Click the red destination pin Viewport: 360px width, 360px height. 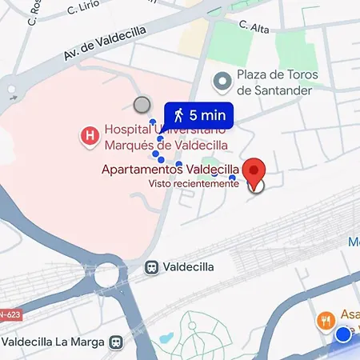(x=254, y=171)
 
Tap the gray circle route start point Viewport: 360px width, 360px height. (x=142, y=104)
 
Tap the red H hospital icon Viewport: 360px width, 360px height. (x=90, y=136)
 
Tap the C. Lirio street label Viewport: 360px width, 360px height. (x=83, y=8)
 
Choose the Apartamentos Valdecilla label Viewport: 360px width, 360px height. (x=170, y=170)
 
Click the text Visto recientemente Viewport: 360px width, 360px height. (x=194, y=183)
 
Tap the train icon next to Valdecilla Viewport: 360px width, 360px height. (x=150, y=267)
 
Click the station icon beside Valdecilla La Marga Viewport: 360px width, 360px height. (x=118, y=342)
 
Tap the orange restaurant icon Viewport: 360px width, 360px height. (x=325, y=320)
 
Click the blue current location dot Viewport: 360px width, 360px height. (x=344, y=334)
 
